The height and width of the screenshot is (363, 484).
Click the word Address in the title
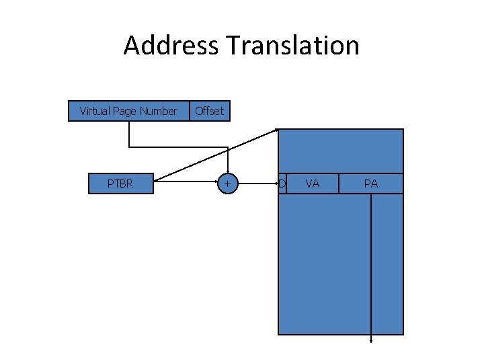pyautogui.click(x=171, y=46)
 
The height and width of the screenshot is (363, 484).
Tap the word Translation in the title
pyautogui.click(x=293, y=46)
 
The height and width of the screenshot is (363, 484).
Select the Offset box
pyautogui.click(x=209, y=111)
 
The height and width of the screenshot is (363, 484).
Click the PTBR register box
pyautogui.click(x=121, y=184)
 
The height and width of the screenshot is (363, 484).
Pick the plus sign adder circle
pyautogui.click(x=228, y=184)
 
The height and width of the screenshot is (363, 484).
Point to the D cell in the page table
pyautogui.click(x=282, y=184)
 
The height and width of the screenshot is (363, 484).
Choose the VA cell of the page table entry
pyautogui.click(x=313, y=184)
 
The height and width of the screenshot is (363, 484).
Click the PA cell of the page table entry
pyautogui.click(x=371, y=184)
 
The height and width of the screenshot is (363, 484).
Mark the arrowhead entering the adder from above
pyautogui.click(x=228, y=171)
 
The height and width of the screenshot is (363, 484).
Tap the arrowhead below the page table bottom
pyautogui.click(x=371, y=339)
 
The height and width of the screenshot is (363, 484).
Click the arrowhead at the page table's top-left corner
pyautogui.click(x=276, y=130)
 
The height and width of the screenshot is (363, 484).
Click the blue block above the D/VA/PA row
pyautogui.click(x=341, y=151)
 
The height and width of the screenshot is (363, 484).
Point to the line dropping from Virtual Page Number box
pyautogui.click(x=130, y=134)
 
